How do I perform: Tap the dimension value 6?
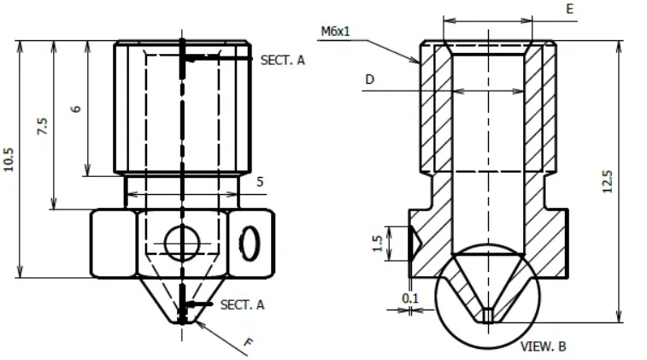pos(76,109)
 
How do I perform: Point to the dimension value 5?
pos(260,181)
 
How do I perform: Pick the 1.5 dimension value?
pos(378,244)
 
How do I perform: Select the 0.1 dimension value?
pos(410,298)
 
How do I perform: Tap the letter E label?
pos(569,9)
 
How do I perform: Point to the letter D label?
pos(369,79)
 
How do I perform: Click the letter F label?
pos(249,344)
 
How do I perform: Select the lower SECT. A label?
pos(243,304)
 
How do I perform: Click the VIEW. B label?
pos(544,346)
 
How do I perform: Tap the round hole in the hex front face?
pos(180,243)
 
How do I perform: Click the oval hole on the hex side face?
pos(251,243)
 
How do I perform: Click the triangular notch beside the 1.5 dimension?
pos(414,245)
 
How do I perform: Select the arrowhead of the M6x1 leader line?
pos(417,62)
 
